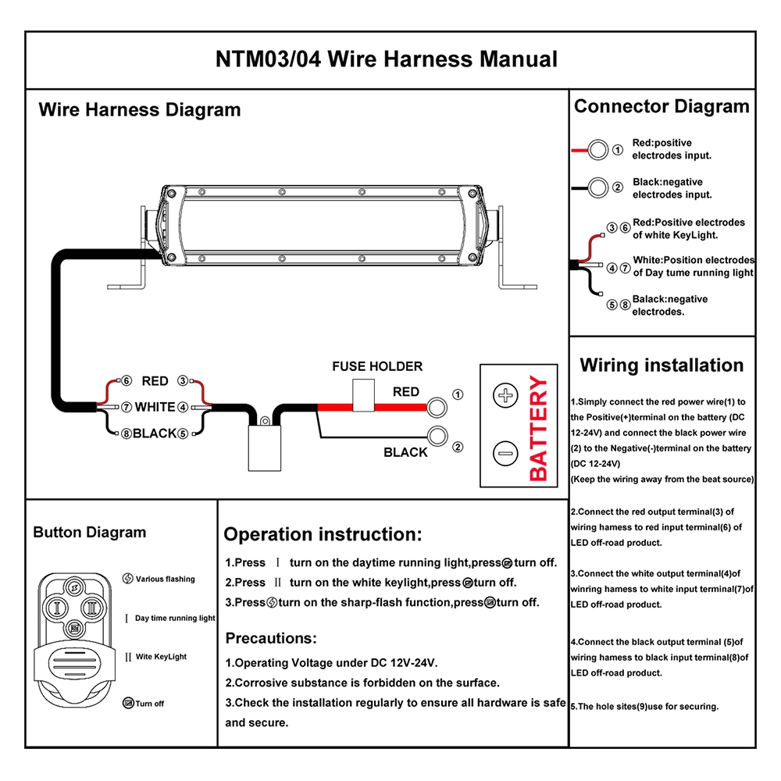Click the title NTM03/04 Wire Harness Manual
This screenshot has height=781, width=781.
coord(387,59)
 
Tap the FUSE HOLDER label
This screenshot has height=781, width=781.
coord(377,366)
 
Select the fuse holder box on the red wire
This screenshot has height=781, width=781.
coord(363,395)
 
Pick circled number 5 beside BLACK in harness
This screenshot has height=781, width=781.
coord(182,433)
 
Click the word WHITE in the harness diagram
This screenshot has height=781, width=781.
coord(155,407)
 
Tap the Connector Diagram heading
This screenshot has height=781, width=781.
coord(662,106)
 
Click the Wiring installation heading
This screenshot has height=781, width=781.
coord(662,366)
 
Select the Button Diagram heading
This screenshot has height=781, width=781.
coord(89,533)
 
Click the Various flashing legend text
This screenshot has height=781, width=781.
coord(165,579)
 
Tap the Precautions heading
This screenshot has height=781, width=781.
coord(271,638)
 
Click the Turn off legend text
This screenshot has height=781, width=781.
coord(149,704)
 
